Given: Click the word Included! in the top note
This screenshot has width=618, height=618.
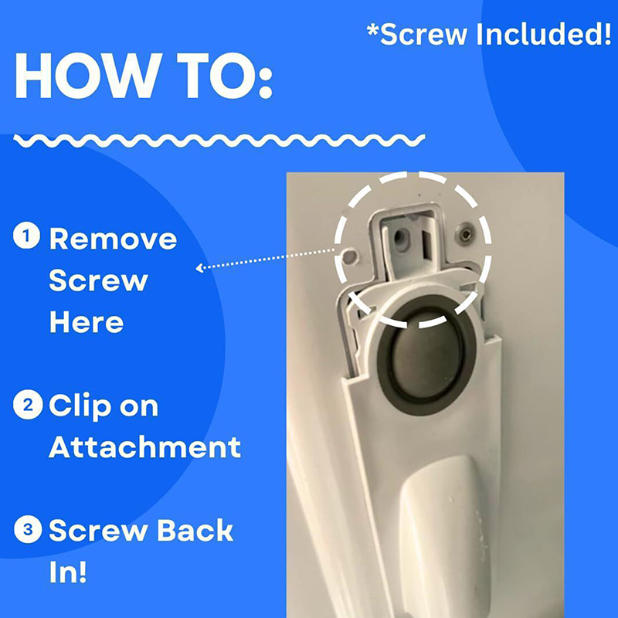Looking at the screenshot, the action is coord(544,34).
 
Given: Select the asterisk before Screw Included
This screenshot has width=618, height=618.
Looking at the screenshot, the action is coord(372,29).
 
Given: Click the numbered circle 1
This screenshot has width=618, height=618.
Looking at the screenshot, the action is coord(26,236).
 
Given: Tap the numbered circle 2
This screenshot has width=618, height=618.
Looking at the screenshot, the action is coord(28,405).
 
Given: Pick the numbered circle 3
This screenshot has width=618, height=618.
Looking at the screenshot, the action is coord(28,529).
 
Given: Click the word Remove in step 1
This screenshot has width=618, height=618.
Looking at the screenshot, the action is coord(113,239).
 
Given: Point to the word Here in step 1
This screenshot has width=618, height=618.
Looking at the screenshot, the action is coord(87,322).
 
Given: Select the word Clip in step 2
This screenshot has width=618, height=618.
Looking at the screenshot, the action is coord(80,406).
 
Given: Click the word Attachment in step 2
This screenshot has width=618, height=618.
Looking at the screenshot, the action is coord(144,447).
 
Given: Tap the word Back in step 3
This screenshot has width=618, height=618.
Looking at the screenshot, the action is coord(195,530).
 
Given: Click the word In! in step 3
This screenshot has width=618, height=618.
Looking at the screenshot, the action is coord(67,572).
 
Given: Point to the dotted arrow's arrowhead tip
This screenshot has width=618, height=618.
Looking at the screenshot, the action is coord(196,268).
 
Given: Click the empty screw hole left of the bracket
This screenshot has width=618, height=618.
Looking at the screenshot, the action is coord(350,256).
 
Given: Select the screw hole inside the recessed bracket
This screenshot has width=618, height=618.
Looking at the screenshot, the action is coord(400,237).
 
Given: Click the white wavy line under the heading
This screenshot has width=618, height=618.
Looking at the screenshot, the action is coord(219,141).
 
